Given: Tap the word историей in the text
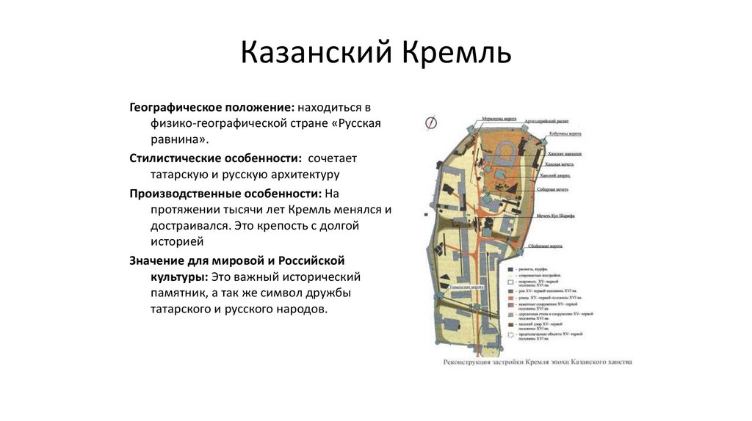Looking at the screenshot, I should [x=176, y=241].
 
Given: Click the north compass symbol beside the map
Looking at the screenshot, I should [x=431, y=124].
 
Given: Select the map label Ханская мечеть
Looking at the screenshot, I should [x=559, y=165].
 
